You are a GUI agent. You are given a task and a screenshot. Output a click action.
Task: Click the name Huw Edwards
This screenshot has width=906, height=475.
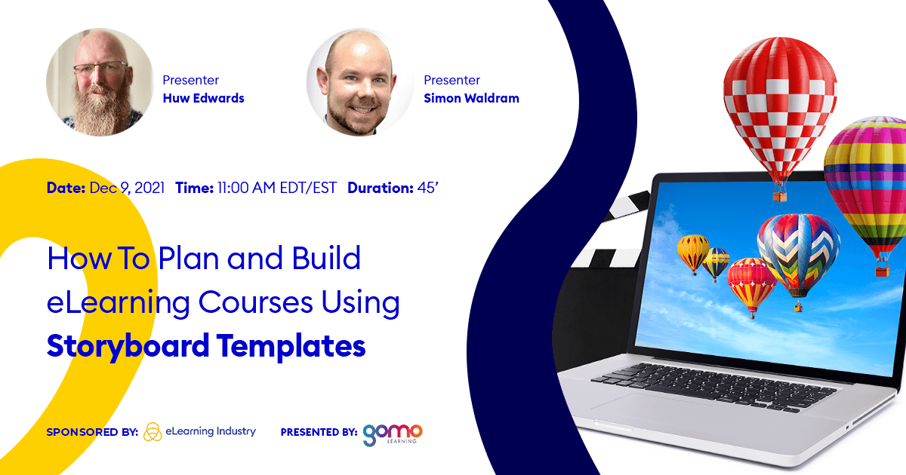[x=203, y=98]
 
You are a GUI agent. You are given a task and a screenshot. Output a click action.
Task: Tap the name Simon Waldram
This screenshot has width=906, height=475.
[x=471, y=98]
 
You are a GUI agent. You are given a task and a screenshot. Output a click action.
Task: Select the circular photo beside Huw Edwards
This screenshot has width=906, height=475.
[x=100, y=82]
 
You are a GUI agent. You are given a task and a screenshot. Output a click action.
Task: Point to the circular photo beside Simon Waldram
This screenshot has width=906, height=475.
[x=360, y=82]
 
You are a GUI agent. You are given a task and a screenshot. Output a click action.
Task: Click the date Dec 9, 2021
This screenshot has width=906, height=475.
[x=127, y=188]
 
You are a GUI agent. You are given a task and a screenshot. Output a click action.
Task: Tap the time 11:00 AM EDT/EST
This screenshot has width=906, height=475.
[x=277, y=188]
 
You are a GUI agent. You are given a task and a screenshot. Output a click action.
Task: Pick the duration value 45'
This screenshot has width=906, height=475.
[x=428, y=188]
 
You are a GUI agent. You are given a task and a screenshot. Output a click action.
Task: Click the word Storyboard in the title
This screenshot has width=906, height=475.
[x=128, y=346]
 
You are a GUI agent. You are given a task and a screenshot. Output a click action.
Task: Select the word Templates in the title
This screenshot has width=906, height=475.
[x=291, y=346]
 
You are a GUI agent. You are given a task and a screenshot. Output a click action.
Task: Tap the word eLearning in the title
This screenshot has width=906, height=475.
[x=119, y=302]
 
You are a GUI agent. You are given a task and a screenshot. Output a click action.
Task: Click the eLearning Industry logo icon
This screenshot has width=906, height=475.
[x=153, y=432]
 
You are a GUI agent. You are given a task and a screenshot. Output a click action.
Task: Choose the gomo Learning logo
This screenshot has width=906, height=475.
[x=393, y=435]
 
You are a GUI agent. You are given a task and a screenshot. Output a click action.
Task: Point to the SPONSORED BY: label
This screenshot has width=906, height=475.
[x=92, y=432]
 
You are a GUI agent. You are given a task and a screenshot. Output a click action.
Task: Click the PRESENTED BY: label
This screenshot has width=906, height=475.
[x=319, y=432]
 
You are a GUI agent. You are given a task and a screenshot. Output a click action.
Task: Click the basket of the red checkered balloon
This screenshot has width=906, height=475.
[x=780, y=196]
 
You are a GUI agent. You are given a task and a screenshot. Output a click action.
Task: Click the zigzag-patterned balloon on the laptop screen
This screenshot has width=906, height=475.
[x=799, y=256]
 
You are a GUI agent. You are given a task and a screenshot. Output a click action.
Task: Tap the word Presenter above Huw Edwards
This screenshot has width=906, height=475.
[x=190, y=80]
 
